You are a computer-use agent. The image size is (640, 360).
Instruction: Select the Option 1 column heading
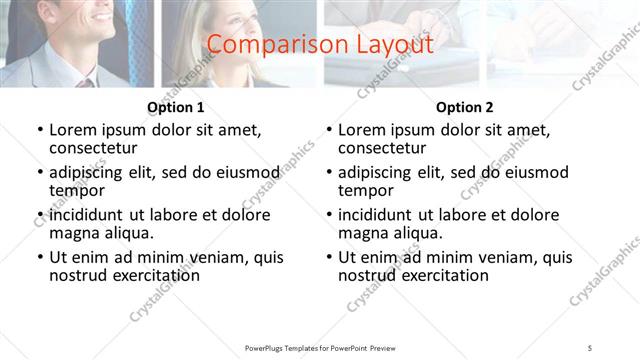pyautogui.click(x=176, y=107)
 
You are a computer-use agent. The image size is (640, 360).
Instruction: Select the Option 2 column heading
pyautogui.click(x=465, y=107)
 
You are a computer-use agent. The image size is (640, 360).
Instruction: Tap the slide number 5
pyautogui.click(x=590, y=347)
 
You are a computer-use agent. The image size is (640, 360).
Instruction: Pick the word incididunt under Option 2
pyautogui.click(x=382, y=215)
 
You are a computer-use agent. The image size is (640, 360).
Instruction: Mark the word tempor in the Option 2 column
pyautogui.click(x=365, y=190)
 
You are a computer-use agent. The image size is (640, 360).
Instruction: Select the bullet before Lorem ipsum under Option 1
pyautogui.click(x=40, y=131)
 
